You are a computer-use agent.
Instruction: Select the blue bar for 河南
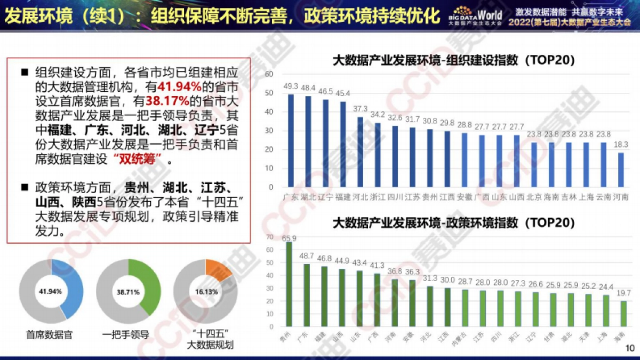[620, 170]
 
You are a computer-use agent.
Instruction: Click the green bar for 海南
[623, 314]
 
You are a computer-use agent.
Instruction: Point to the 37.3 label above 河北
[361, 109]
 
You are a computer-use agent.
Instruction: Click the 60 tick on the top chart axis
[269, 74]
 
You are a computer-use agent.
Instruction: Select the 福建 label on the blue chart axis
[343, 197]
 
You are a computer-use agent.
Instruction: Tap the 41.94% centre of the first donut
[52, 292]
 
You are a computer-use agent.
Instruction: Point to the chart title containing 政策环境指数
[453, 222]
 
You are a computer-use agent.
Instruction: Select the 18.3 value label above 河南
[620, 145]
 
